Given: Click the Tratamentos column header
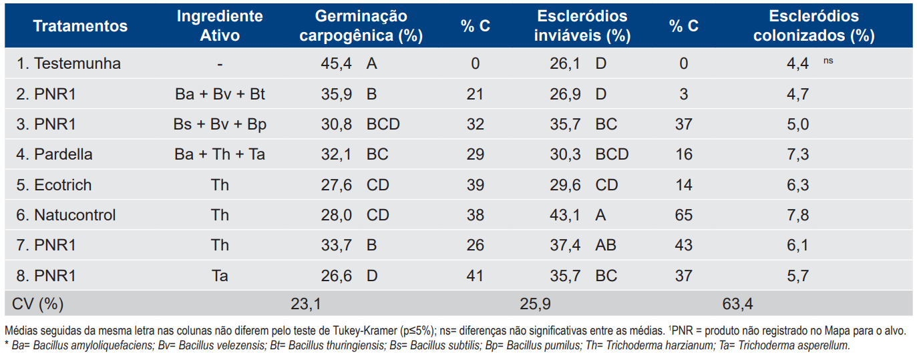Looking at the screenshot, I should [x=80, y=26].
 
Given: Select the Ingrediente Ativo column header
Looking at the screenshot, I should [x=220, y=25].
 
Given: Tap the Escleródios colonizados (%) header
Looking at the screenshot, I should [x=813, y=25].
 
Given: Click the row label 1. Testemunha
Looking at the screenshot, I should [x=69, y=64].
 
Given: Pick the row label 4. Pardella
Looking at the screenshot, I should [x=54, y=154].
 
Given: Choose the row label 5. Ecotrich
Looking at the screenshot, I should [x=54, y=185].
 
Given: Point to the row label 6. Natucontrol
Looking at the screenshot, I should [x=66, y=215].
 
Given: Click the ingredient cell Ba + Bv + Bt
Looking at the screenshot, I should [x=220, y=94].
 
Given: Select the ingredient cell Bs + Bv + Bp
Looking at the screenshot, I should [x=220, y=124].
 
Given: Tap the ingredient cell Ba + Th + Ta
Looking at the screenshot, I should [x=220, y=154].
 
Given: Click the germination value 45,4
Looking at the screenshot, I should [x=337, y=64].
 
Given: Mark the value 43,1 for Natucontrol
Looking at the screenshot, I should [x=565, y=215].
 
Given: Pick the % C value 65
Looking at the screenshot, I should [x=683, y=215].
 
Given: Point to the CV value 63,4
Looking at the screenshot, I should [x=737, y=305].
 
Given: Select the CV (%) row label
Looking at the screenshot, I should [x=38, y=305].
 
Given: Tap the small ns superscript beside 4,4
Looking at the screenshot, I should [x=828, y=61].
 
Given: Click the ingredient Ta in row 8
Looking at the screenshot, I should [x=220, y=276].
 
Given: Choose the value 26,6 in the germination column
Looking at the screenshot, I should [x=337, y=276].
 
